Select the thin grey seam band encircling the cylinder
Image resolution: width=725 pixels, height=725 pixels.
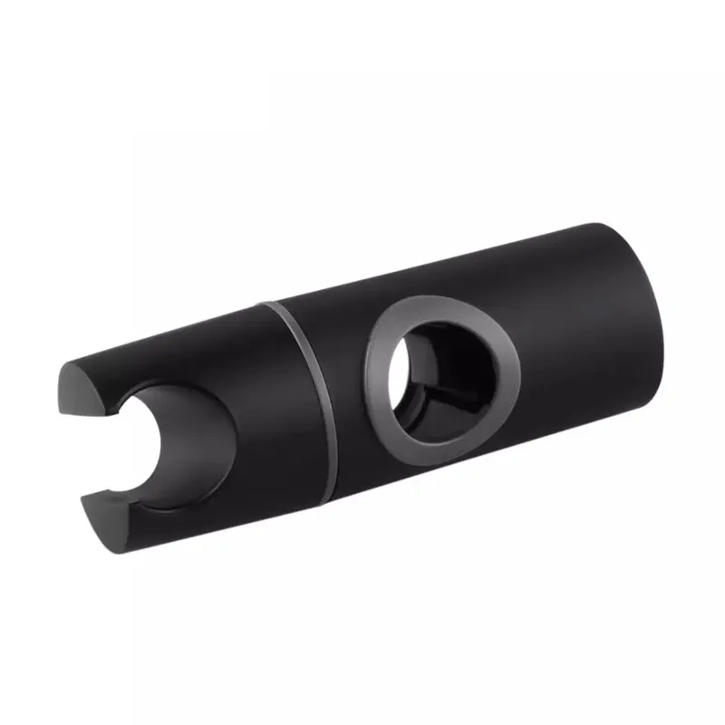(308, 381)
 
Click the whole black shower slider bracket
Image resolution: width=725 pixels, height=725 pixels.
(362, 381)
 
